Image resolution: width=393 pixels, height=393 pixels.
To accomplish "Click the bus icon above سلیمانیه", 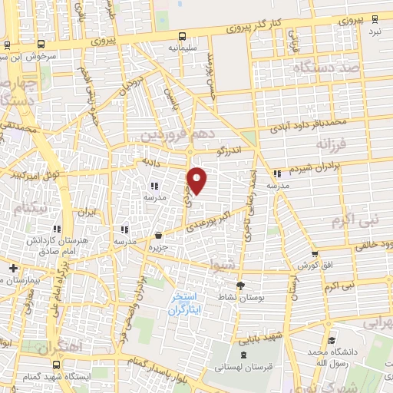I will [x=183, y=36].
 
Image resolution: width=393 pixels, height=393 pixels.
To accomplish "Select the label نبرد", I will [x=374, y=32].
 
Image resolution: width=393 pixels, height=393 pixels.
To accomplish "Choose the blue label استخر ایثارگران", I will [x=185, y=304].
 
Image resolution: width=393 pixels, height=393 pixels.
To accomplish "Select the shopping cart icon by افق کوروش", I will [x=314, y=254].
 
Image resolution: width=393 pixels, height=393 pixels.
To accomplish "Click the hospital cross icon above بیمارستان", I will [x=13, y=268].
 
